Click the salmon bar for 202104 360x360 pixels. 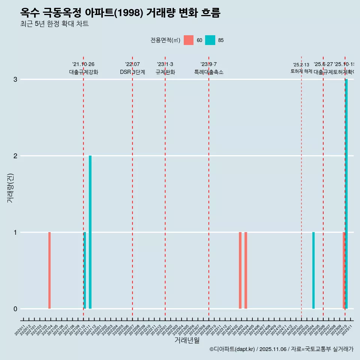49,270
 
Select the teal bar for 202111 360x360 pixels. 90,232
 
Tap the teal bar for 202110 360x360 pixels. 85,270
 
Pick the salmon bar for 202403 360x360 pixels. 240,270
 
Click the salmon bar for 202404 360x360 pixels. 246,270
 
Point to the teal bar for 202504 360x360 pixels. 313,270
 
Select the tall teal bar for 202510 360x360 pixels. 346,194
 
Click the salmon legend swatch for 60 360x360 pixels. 189,40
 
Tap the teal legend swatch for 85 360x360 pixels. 210,40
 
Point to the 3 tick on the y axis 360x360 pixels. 15,79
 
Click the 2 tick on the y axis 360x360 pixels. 15,156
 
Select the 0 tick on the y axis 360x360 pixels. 15,309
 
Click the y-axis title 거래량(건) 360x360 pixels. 10,188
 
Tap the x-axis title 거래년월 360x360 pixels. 187,340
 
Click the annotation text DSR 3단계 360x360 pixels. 132,72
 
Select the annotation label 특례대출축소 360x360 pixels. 208,72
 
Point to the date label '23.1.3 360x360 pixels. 165,64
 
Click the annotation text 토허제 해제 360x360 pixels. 301,71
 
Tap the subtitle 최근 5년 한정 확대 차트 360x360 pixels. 54,24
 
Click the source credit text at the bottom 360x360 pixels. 281,349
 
